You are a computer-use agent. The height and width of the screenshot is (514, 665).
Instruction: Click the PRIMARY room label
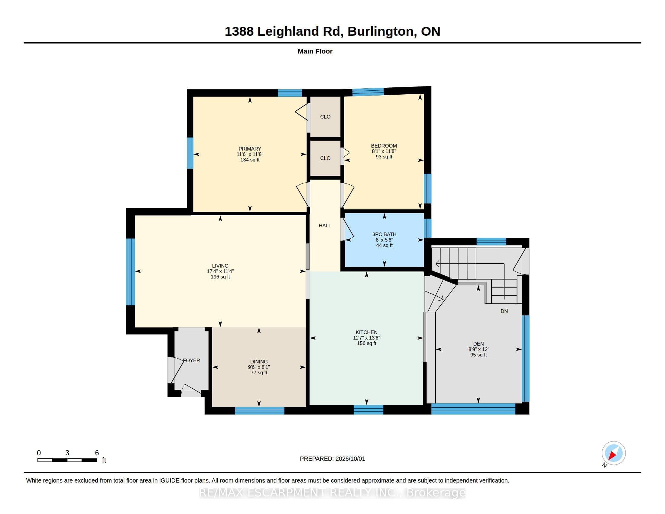click(250, 148)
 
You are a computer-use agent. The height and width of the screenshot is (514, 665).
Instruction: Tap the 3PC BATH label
click(384, 234)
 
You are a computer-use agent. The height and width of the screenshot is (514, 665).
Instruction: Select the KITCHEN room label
click(367, 332)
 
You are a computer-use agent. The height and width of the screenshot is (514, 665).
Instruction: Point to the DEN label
click(478, 343)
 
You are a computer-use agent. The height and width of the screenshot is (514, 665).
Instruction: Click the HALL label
click(325, 225)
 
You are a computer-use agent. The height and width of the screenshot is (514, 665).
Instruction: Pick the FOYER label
click(191, 360)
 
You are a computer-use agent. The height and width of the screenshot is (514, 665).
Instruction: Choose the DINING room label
click(259, 361)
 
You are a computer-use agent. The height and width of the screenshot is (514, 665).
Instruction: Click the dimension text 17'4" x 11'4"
click(220, 271)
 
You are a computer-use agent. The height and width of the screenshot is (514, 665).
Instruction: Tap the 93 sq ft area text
click(384, 157)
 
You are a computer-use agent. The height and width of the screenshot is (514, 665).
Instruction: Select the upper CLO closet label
click(325, 117)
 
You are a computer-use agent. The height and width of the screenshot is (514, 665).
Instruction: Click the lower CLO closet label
click(325, 158)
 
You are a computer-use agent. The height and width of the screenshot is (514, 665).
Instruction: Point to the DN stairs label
click(504, 311)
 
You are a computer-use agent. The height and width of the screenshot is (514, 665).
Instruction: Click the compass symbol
click(613, 453)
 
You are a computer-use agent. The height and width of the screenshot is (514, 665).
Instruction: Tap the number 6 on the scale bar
click(97, 453)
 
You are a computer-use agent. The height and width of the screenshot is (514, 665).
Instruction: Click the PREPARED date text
click(332, 459)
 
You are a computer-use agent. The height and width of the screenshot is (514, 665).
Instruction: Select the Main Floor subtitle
click(315, 51)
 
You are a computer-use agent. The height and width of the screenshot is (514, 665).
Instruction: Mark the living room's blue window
click(130, 272)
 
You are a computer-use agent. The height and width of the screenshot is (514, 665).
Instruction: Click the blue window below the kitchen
click(368, 410)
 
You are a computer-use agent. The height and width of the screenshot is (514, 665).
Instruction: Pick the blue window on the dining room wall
click(259, 411)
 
